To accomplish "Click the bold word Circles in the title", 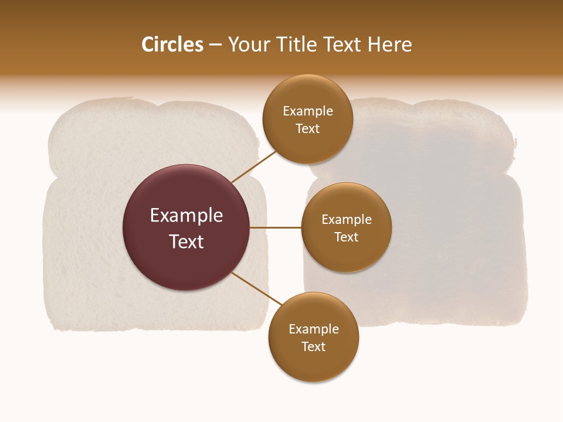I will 172,45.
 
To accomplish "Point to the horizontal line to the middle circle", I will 276,227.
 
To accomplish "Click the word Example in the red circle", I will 186,216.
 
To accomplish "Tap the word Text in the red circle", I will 186,241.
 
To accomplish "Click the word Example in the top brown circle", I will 308,111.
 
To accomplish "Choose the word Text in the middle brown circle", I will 346,237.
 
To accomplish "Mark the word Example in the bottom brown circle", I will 314,329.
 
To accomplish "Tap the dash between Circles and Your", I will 215,45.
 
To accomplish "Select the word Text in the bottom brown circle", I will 313,346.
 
